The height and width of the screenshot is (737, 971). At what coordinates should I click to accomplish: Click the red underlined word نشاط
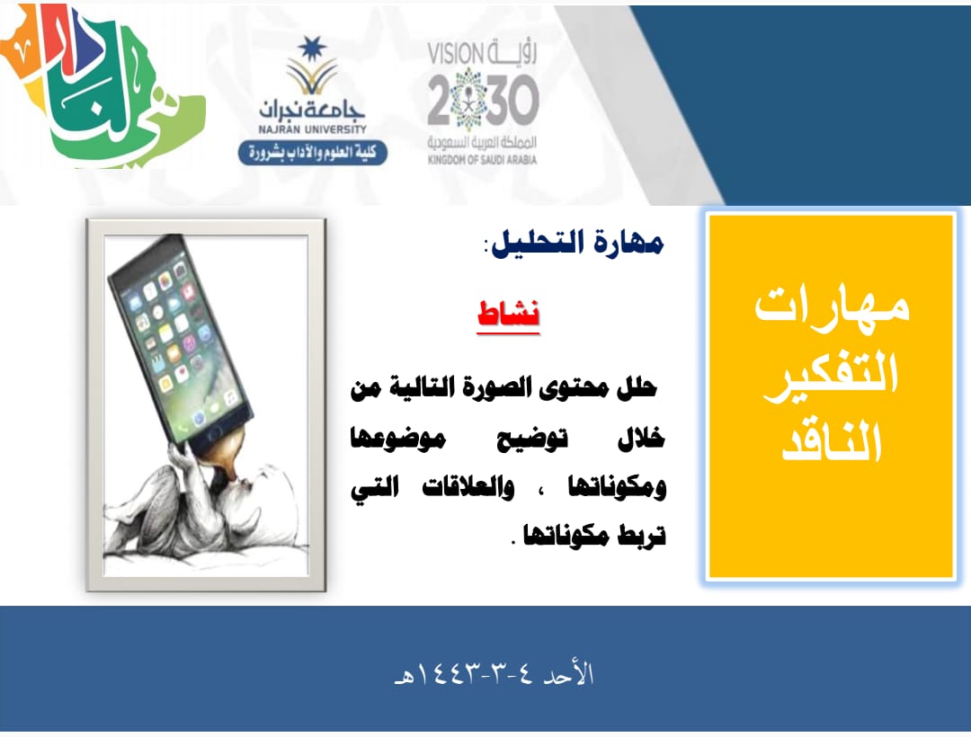pyautogui.click(x=508, y=314)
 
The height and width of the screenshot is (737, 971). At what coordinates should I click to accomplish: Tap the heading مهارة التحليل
pyautogui.click(x=577, y=243)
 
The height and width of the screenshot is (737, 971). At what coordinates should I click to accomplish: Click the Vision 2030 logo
pyautogui.click(x=483, y=102)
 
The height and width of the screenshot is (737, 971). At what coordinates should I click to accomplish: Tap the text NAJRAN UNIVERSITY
pyautogui.click(x=313, y=130)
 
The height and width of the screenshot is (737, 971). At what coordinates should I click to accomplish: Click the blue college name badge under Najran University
pyautogui.click(x=313, y=153)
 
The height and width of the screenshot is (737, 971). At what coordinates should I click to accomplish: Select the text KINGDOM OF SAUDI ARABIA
pyautogui.click(x=483, y=160)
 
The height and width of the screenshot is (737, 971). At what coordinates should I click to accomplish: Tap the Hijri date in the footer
pyautogui.click(x=494, y=674)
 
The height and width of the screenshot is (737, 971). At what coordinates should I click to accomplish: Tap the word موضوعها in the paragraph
pyautogui.click(x=398, y=439)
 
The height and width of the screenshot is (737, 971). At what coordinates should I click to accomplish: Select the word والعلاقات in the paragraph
pyautogui.click(x=468, y=488)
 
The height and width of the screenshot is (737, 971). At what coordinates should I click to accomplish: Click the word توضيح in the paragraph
pyautogui.click(x=532, y=439)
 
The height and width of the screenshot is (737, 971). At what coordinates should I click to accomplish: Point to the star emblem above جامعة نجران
pyautogui.click(x=312, y=49)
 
